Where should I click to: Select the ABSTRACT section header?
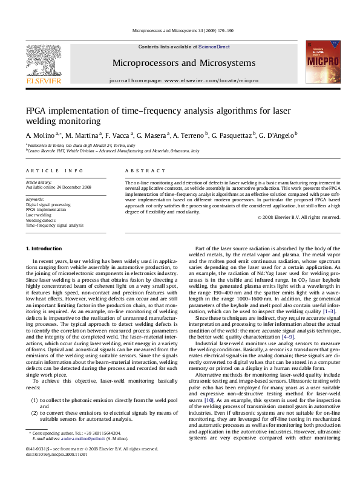click(x=137, y=171)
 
